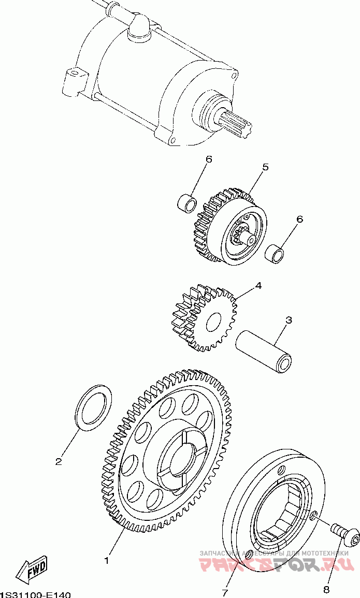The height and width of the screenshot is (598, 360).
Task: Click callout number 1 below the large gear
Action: [x=107, y=560]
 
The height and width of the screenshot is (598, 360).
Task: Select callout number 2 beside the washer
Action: [x=59, y=461]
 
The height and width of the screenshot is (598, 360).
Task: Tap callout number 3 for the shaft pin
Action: [x=289, y=320]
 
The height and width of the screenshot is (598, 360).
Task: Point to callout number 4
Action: [x=257, y=285]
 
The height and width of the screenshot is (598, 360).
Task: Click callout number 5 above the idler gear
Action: [x=265, y=167]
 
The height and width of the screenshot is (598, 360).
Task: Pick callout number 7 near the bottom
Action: [x=225, y=592]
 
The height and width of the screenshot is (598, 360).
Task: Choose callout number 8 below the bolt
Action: [x=326, y=589]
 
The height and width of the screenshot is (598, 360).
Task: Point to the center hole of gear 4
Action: [x=213, y=323]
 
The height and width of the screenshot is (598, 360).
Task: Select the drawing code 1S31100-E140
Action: [x=35, y=594]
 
